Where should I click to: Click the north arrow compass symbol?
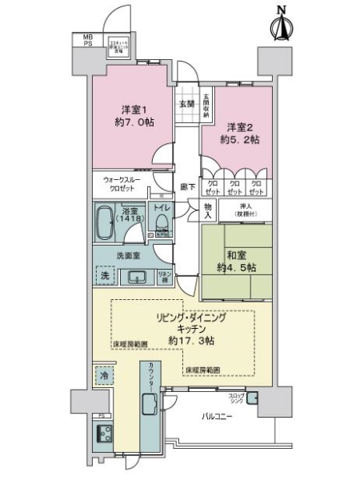click(280, 22)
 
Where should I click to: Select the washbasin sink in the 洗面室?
click(137, 277)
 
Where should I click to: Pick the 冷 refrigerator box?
click(104, 374)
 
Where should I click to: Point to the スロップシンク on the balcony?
click(254, 398)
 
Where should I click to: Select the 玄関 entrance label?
click(186, 103)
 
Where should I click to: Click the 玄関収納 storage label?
click(206, 103)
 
